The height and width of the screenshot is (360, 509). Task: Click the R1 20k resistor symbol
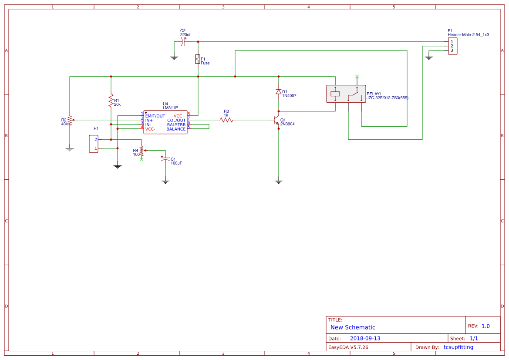[x=111, y=101]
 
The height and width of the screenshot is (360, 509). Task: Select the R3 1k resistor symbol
[x=226, y=120]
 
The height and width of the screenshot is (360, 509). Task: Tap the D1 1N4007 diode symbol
[x=279, y=92]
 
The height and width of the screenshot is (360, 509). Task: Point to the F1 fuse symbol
[x=198, y=59]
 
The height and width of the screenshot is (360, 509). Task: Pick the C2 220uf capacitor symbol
[x=183, y=42]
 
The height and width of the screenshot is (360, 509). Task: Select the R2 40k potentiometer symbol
[x=70, y=120]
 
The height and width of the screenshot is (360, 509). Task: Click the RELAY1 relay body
[x=346, y=94]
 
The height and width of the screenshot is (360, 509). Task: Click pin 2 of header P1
[x=452, y=46]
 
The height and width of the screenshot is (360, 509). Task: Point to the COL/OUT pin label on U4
[x=176, y=121]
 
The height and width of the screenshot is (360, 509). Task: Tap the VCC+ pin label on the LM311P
[x=179, y=116]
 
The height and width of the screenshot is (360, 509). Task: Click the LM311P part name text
[x=170, y=108]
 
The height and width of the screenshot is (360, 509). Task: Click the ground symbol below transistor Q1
[x=279, y=181]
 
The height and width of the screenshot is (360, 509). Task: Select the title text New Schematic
[x=353, y=327]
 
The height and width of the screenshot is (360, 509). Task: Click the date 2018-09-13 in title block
[x=365, y=338]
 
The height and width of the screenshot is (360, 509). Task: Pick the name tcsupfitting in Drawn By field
[x=458, y=347]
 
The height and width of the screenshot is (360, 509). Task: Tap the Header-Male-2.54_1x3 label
[x=468, y=34]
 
